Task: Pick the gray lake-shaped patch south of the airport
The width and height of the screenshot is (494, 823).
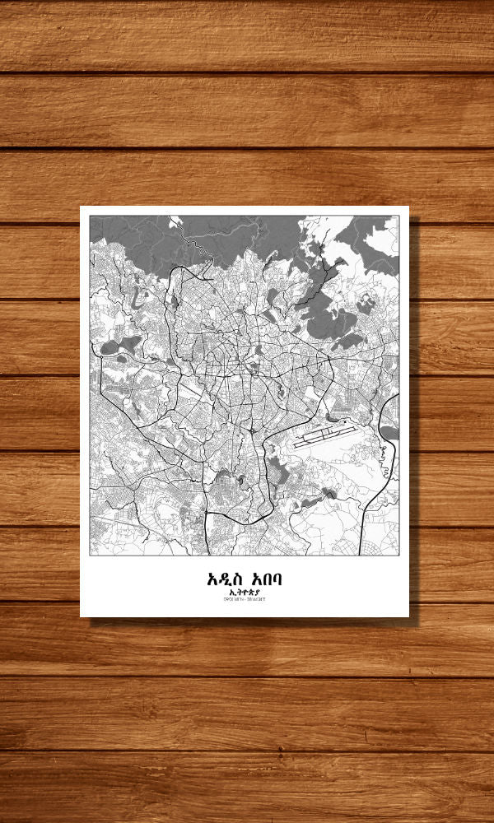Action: pos(330,493)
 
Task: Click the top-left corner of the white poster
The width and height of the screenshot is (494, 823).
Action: pos(81,207)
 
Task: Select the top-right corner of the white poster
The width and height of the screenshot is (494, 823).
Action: pos(408,207)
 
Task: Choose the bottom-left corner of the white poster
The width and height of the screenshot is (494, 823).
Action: pos(81,616)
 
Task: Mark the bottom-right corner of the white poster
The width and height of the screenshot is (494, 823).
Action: pos(408,616)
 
